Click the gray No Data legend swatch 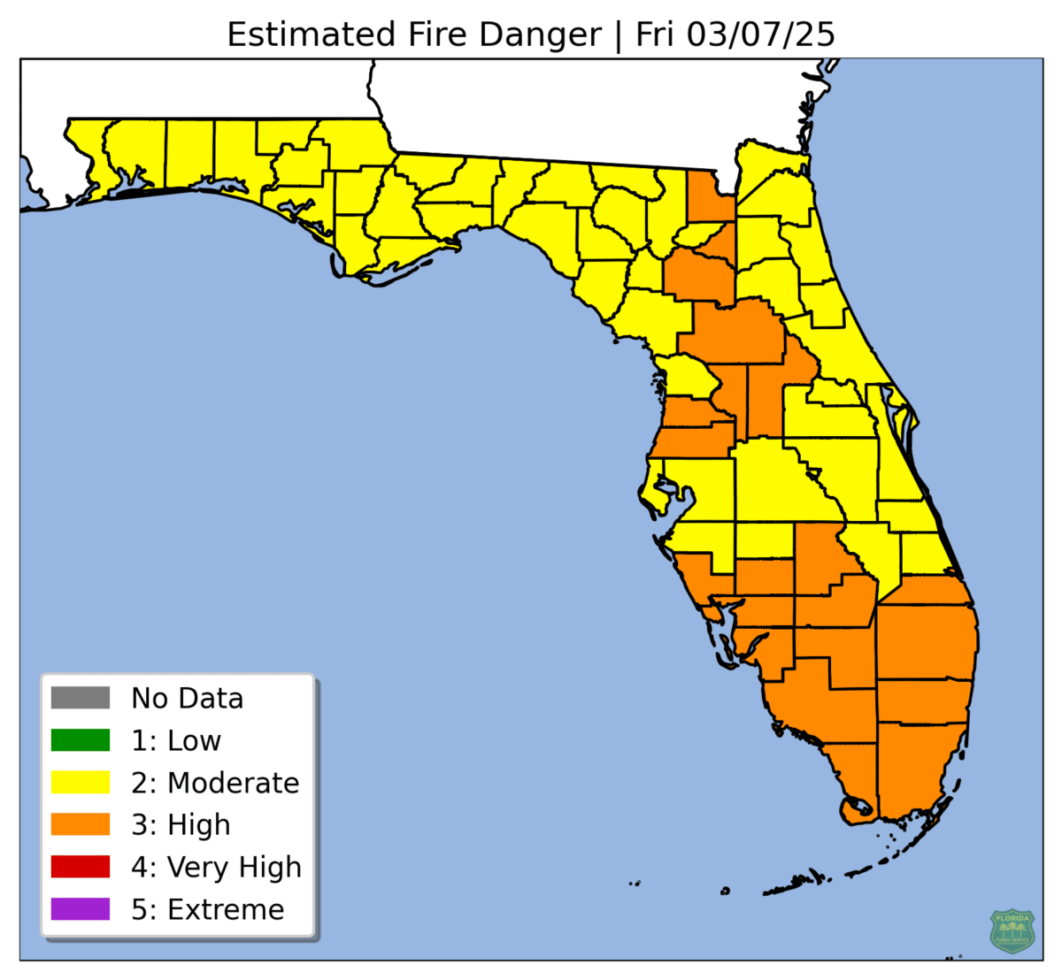click(x=81, y=698)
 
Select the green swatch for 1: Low click(x=81, y=740)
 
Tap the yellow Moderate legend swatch click(x=81, y=783)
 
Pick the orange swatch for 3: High click(x=81, y=824)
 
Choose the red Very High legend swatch click(x=81, y=867)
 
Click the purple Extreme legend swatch click(x=81, y=909)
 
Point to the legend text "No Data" click(x=187, y=698)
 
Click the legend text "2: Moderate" click(x=215, y=783)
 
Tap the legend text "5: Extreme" click(x=208, y=909)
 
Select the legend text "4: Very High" click(x=216, y=867)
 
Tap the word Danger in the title click(x=540, y=34)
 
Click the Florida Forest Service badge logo click(x=1012, y=930)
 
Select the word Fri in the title click(x=656, y=34)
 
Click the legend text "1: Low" click(x=176, y=740)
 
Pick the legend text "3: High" click(x=181, y=824)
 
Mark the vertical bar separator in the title click(x=619, y=34)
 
